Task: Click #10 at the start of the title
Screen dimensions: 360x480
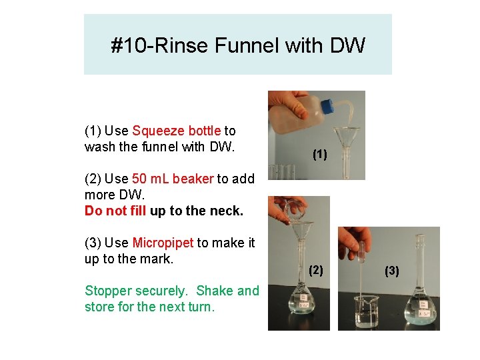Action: point(125,46)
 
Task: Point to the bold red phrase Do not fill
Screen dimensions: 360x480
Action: point(115,211)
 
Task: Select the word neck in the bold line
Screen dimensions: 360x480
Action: point(227,211)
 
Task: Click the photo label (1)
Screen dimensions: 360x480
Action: point(320,155)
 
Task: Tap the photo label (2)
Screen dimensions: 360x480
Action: point(316,269)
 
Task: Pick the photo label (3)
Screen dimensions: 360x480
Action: point(392,270)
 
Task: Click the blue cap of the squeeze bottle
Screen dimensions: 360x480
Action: point(327,107)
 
